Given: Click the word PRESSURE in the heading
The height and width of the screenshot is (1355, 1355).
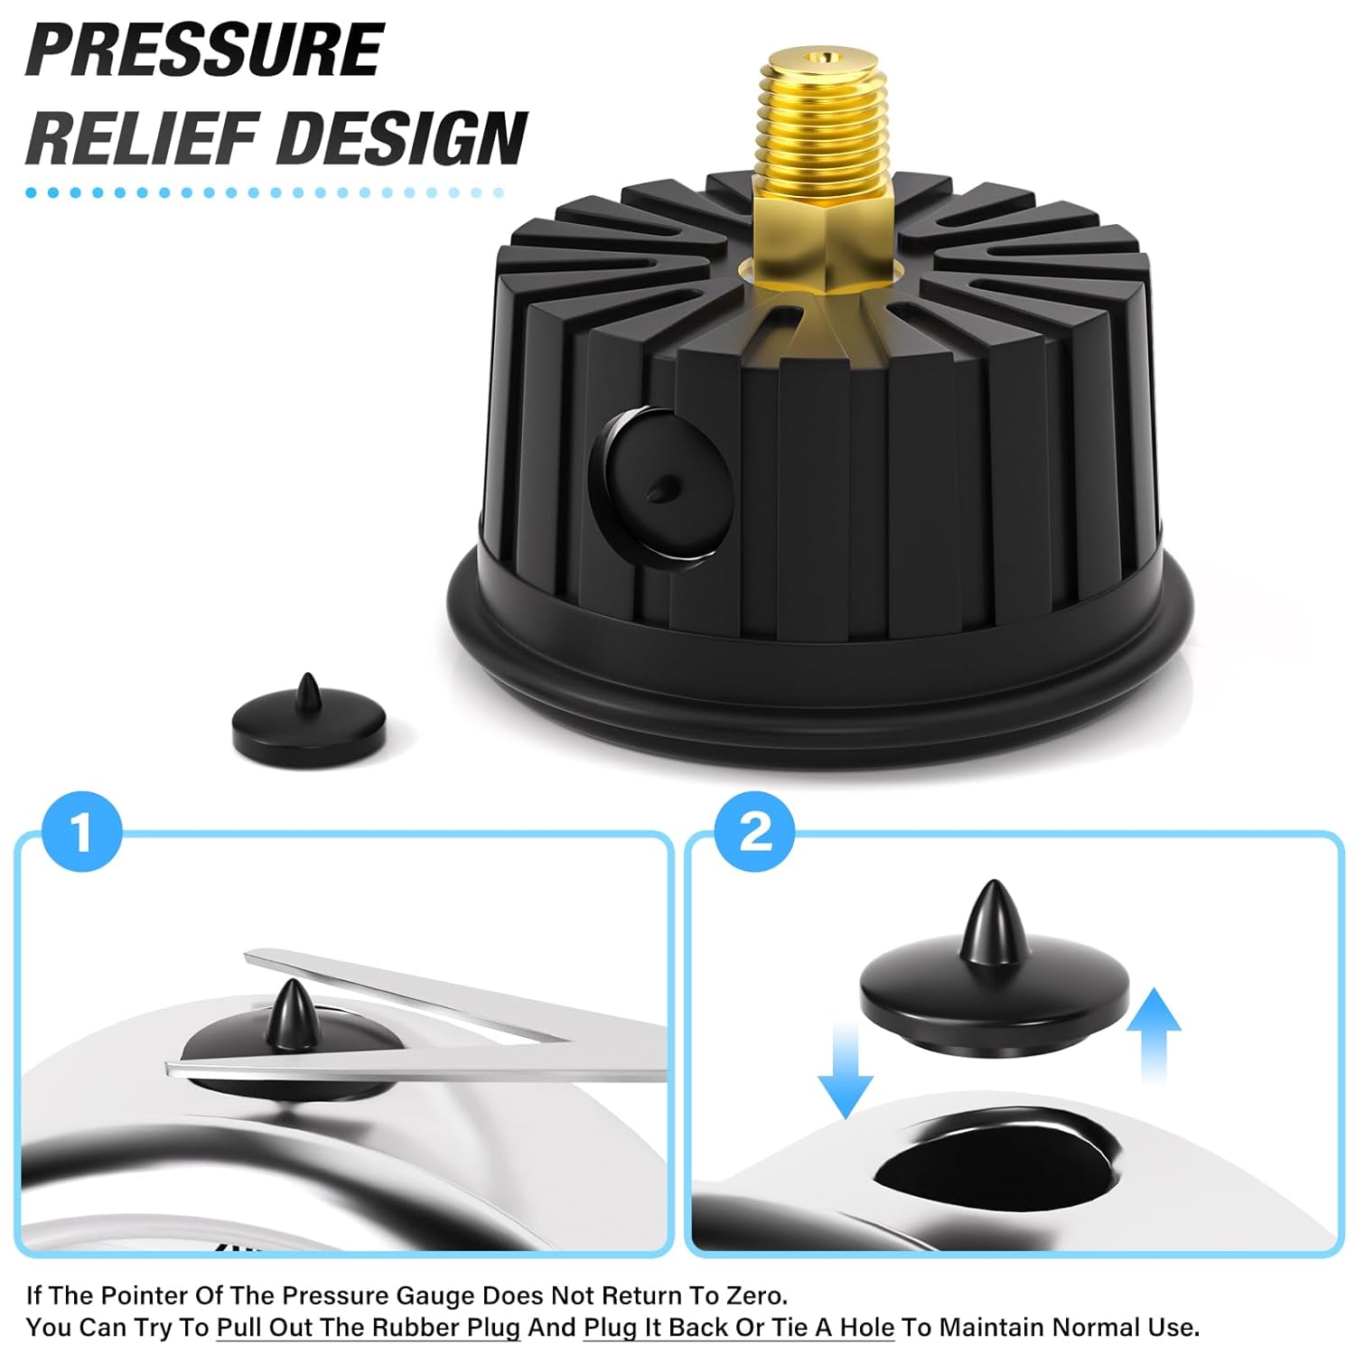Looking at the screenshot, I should click(x=205, y=50).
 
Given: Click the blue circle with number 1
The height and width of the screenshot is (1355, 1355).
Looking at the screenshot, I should click(x=82, y=832).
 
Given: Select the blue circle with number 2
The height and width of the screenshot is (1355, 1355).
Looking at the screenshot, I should click(x=754, y=832).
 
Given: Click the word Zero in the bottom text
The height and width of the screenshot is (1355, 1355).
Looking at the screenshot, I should click(x=756, y=1295).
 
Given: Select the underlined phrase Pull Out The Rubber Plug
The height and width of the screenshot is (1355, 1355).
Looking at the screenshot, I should click(x=369, y=1327).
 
